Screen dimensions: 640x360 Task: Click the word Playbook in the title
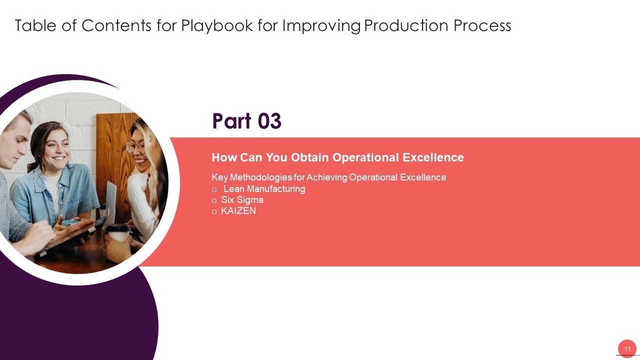tap(217, 25)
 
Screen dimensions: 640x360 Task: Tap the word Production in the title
tap(406, 25)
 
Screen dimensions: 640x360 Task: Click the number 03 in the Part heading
tap(269, 121)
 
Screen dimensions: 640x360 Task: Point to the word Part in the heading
tap(231, 121)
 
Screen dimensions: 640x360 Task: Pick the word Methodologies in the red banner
tap(261, 177)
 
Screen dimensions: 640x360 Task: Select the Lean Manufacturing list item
tap(264, 189)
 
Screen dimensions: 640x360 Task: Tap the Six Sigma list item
tap(242, 200)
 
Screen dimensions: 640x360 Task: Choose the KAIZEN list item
tap(238, 211)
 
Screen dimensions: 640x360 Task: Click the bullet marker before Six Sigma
tap(214, 201)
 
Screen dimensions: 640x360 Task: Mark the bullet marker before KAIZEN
tap(214, 211)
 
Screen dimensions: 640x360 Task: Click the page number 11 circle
tap(627, 349)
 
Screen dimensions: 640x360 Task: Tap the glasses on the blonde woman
tap(135, 147)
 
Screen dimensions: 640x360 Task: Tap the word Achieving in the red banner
tap(326, 177)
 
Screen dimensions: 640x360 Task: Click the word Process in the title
tap(482, 25)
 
